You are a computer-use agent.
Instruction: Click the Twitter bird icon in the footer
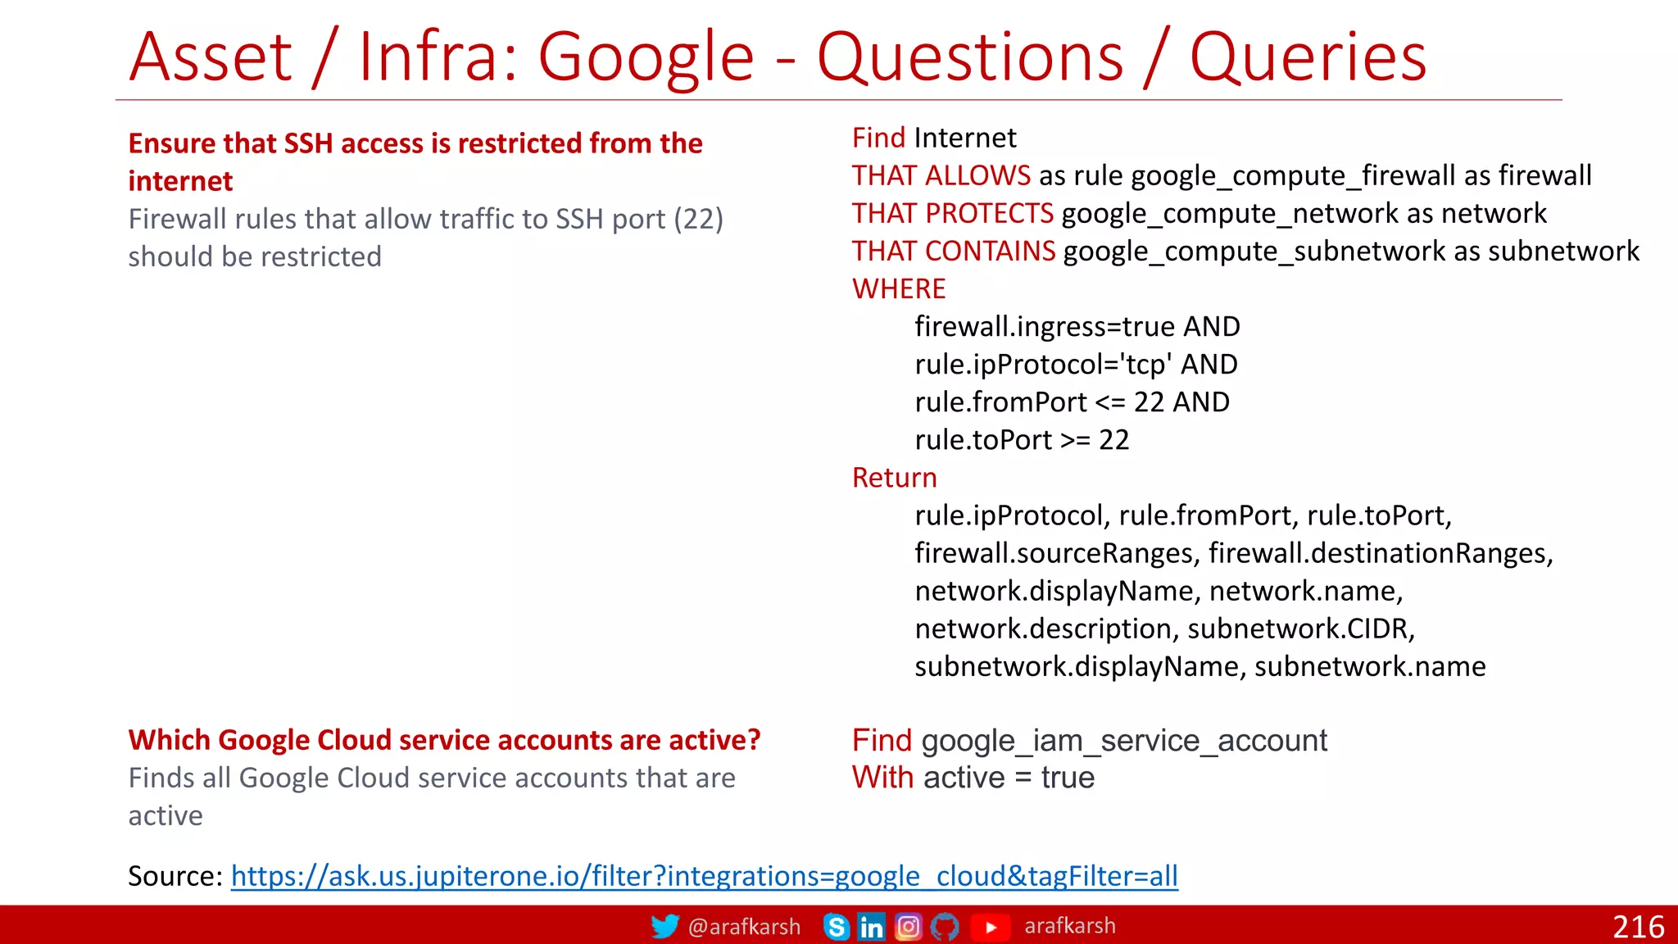pyautogui.click(x=664, y=926)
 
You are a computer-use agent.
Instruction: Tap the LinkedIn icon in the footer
pyautogui.click(x=871, y=927)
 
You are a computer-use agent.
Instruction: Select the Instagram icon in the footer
pyautogui.click(x=908, y=927)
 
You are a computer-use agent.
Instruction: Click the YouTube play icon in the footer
pyautogui.click(x=991, y=927)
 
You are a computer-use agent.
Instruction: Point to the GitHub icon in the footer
pyautogui.click(x=945, y=927)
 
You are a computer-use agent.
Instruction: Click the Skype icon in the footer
pyautogui.click(x=836, y=927)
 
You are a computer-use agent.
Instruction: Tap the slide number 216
pyautogui.click(x=1638, y=927)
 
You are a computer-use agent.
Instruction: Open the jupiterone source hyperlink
pyautogui.click(x=704, y=876)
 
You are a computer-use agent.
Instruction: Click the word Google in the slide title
pyautogui.click(x=646, y=57)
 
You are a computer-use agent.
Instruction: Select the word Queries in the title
pyautogui.click(x=1308, y=57)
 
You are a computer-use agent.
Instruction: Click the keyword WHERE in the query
pyautogui.click(x=899, y=288)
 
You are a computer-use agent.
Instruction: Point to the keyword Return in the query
pyautogui.click(x=894, y=477)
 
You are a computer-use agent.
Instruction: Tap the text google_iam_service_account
pyautogui.click(x=1124, y=741)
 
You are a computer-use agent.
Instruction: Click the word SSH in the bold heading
pyautogui.click(x=308, y=143)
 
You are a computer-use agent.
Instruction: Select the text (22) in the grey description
pyautogui.click(x=698, y=219)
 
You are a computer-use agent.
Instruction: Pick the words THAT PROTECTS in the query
pyautogui.click(x=952, y=213)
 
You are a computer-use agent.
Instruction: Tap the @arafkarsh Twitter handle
pyautogui.click(x=744, y=927)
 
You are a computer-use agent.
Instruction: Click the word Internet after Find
pyautogui.click(x=965, y=138)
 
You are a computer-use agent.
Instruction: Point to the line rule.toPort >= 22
pyautogui.click(x=1022, y=440)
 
